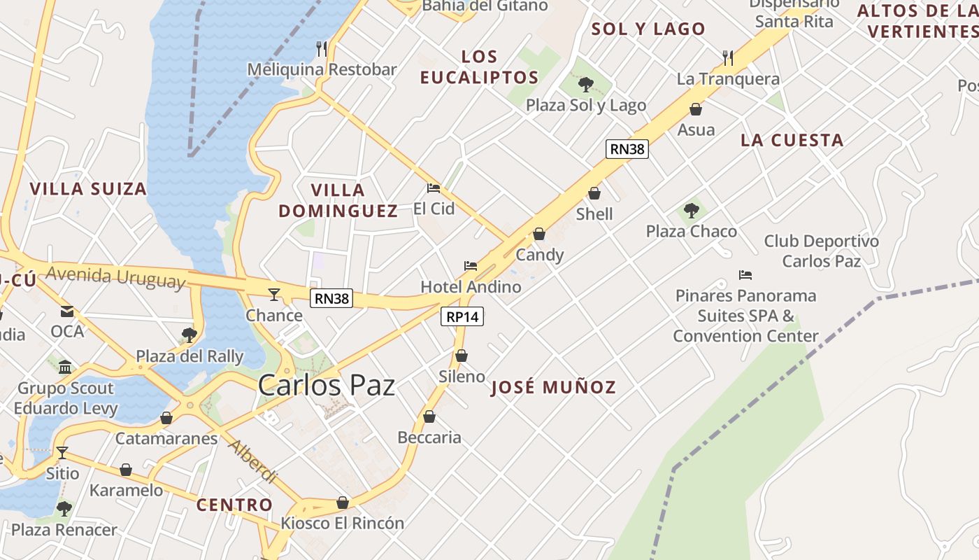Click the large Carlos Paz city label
(327, 386)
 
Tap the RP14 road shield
(463, 316)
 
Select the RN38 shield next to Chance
(331, 298)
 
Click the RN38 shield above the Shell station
(627, 148)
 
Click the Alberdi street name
(252, 462)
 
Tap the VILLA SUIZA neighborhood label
(88, 189)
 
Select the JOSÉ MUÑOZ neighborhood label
(553, 388)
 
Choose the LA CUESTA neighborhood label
(792, 140)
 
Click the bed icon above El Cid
(434, 188)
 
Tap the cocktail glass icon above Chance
(274, 295)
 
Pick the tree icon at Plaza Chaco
(692, 210)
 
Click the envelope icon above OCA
(67, 311)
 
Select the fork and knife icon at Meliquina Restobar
(322, 48)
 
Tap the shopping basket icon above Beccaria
(429, 417)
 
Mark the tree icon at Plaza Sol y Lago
(586, 85)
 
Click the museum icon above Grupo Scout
(65, 367)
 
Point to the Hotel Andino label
(471, 287)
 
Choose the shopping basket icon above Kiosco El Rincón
(343, 503)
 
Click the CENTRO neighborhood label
(234, 505)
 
